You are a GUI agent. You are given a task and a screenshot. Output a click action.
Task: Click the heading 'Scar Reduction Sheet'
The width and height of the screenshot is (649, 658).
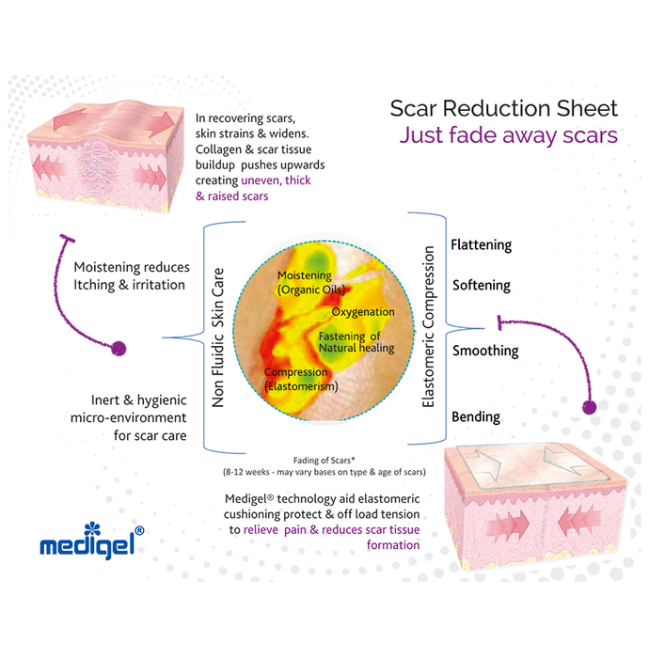pos(503,108)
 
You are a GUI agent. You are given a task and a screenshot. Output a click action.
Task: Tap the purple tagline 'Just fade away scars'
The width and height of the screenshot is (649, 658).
pos(508,135)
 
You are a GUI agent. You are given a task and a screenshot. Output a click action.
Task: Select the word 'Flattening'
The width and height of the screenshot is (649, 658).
pos(481,245)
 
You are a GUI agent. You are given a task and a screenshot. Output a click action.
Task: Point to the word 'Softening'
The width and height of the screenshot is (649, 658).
pos(481,285)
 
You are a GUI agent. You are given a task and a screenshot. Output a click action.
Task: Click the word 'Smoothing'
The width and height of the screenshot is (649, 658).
pos(484,351)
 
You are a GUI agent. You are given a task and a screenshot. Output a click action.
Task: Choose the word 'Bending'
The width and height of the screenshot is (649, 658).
pos(476,416)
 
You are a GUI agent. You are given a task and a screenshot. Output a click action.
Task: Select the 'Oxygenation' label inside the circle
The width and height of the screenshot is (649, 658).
pos(362,312)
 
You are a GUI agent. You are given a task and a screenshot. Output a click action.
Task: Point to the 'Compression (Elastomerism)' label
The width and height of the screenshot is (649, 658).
pos(297,379)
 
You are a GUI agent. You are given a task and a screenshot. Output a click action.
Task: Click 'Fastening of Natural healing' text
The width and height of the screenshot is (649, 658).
pos(356,342)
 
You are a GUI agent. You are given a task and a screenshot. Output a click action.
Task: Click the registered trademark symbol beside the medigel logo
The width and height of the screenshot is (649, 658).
pos(139,531)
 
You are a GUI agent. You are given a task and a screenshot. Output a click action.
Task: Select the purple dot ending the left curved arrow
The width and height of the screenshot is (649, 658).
pos(119,349)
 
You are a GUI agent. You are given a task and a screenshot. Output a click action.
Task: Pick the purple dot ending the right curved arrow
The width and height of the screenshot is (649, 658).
pos(591,407)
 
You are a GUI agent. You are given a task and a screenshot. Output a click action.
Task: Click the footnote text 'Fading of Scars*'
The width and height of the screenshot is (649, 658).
pos(324,459)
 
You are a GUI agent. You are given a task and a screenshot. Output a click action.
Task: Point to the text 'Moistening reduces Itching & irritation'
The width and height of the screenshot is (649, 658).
pos(130,274)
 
